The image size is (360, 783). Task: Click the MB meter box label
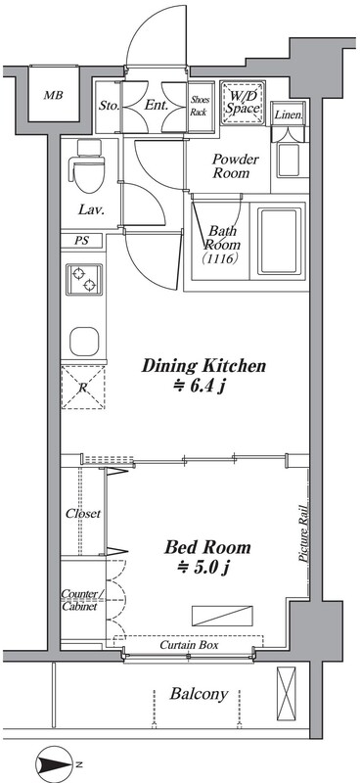53,95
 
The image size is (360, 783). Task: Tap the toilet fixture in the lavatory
89,166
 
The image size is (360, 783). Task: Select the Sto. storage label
109,106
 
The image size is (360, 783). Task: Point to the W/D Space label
242,102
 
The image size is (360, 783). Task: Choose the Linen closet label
289,115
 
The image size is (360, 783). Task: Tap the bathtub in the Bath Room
280,241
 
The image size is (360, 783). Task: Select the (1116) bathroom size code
219,258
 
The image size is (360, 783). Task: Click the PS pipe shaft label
82,240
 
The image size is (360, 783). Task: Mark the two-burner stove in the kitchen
84,280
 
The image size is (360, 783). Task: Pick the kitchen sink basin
84,341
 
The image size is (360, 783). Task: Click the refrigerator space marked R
83,388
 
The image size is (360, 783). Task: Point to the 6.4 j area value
204,387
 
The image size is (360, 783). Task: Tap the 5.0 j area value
207,567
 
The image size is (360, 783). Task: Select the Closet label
83,513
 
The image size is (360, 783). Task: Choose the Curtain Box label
189,645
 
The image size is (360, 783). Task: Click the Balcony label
199,694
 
